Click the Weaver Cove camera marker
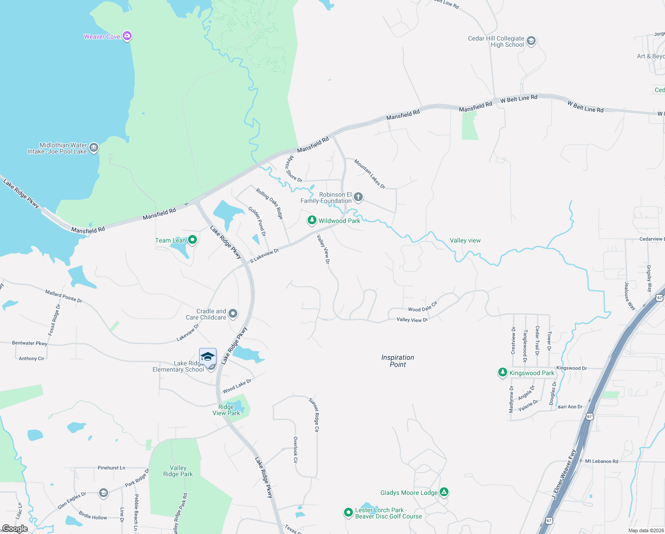click(127, 36)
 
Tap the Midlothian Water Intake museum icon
click(93, 148)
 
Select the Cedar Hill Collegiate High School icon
click(531, 41)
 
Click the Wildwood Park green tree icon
click(312, 220)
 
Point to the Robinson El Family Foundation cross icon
click(358, 197)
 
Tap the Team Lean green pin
click(192, 240)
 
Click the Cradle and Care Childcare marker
click(232, 314)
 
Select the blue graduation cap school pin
click(208, 357)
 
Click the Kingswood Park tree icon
click(502, 372)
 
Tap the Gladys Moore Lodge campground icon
click(444, 492)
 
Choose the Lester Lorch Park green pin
click(349, 513)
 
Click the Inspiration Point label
click(397, 361)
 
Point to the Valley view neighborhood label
click(465, 240)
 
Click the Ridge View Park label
click(226, 410)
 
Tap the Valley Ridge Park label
click(178, 471)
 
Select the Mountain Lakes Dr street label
click(369, 174)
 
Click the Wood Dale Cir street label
click(423, 307)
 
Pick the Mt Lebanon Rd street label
click(601, 461)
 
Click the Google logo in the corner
click(15, 529)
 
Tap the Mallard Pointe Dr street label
click(64, 296)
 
